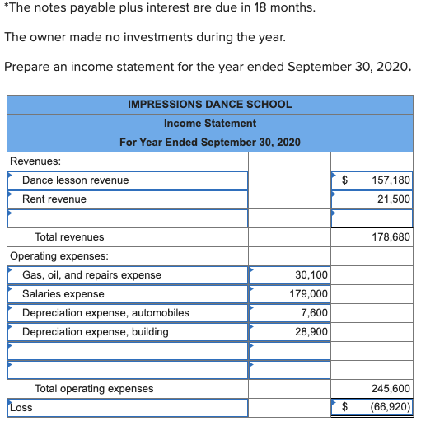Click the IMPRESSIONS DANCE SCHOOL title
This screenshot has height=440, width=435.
click(x=209, y=104)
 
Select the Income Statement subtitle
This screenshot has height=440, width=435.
click(x=209, y=123)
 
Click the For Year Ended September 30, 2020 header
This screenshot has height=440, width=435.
click(x=209, y=142)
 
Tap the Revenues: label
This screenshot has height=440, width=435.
click(x=35, y=161)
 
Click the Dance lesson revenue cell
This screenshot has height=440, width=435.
click(x=75, y=180)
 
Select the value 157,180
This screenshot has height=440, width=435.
click(x=391, y=180)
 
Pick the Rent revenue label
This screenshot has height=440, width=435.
click(x=54, y=199)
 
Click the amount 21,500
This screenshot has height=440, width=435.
click(x=394, y=199)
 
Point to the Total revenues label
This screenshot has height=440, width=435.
click(x=69, y=237)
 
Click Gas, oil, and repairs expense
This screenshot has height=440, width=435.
click(x=91, y=274)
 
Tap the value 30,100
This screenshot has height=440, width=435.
click(x=311, y=274)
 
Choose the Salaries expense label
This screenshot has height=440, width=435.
click(x=63, y=293)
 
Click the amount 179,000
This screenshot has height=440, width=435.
click(x=308, y=293)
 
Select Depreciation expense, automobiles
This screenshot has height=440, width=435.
click(x=105, y=312)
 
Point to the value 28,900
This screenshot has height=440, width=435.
click(x=311, y=331)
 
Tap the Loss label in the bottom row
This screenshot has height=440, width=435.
click(x=21, y=407)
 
